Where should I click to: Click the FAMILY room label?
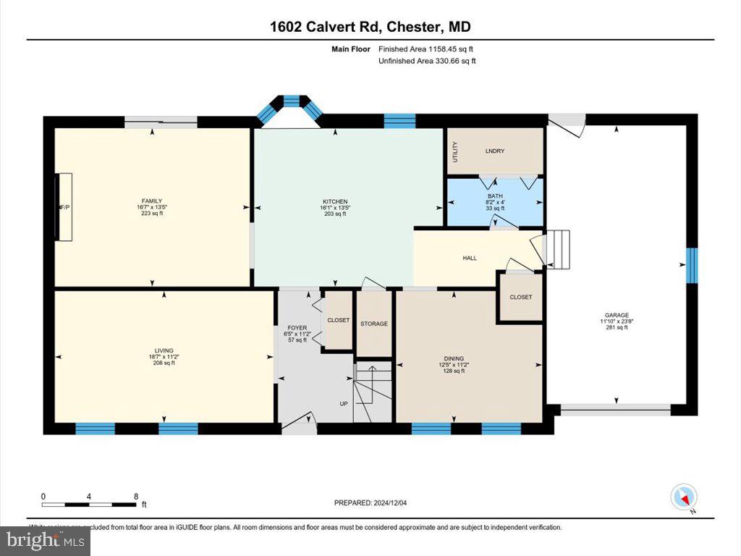[151, 201]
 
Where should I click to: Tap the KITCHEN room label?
[335, 201]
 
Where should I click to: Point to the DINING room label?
[454, 358]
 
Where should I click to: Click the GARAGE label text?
[617, 315]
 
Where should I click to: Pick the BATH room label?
[495, 195]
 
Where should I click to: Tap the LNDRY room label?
[494, 151]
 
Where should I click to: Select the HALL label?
[470, 258]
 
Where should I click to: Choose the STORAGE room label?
[374, 324]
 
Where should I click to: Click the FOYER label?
[297, 328]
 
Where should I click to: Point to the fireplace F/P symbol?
[64, 206]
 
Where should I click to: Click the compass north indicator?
[684, 497]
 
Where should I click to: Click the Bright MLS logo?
[45, 539]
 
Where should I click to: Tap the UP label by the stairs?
[344, 404]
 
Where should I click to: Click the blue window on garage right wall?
[692, 265]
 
